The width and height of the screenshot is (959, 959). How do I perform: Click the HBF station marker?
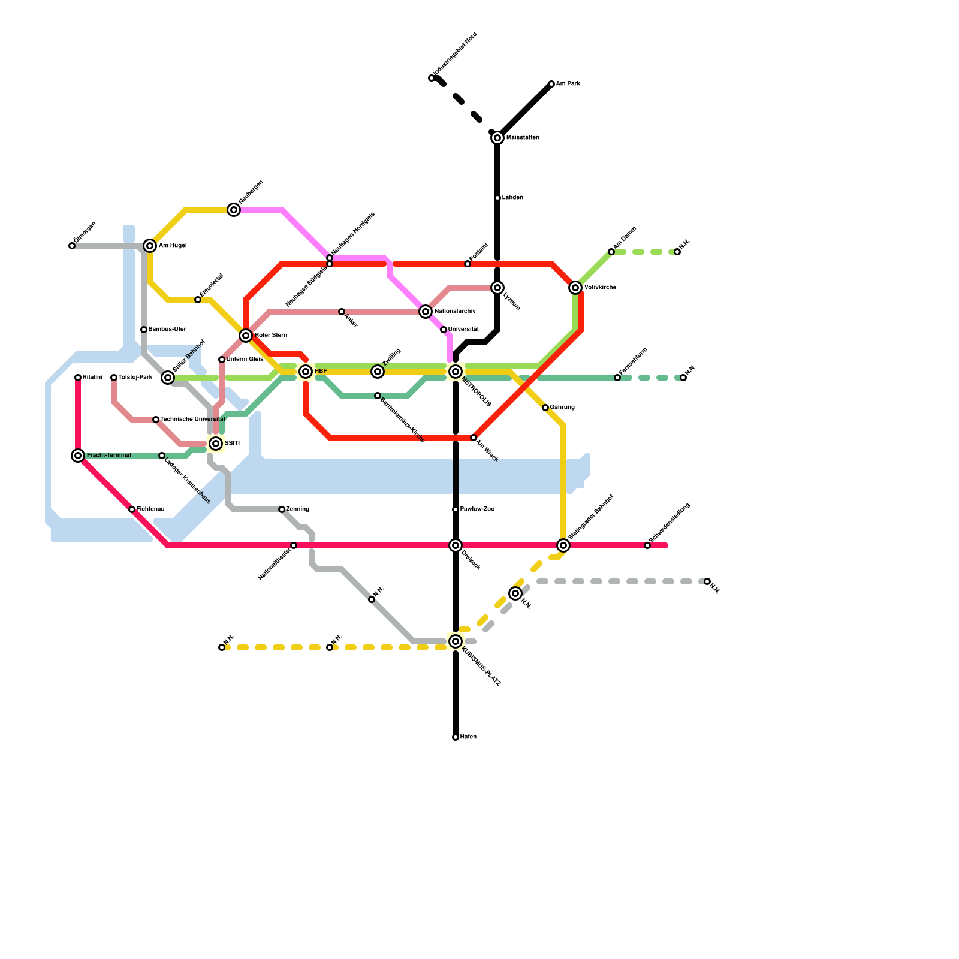click(306, 372)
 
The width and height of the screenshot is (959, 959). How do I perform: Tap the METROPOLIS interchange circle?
click(456, 372)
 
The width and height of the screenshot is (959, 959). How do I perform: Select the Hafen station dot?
click(456, 737)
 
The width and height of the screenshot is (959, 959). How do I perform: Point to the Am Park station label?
click(568, 84)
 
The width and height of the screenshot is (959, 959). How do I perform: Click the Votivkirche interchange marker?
click(575, 288)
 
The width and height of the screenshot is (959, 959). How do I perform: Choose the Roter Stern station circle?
click(246, 336)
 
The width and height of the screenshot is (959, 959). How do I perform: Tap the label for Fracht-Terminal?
click(108, 456)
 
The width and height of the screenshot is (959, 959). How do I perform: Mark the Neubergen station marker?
click(234, 210)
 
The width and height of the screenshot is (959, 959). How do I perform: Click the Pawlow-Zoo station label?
click(477, 509)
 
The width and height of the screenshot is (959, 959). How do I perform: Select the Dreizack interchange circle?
click(456, 545)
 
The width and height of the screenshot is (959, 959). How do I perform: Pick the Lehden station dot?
click(497, 198)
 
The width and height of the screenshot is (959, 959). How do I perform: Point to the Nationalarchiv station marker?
click(426, 312)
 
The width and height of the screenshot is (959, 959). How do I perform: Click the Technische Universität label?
click(192, 420)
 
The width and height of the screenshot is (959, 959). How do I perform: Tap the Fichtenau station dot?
click(132, 509)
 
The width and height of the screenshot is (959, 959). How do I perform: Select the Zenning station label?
click(297, 509)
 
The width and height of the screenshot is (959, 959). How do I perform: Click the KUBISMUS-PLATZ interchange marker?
click(456, 641)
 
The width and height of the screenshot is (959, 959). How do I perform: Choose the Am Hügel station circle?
click(150, 246)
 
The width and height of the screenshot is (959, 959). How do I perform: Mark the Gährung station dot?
click(545, 408)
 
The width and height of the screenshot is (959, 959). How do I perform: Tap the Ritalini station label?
click(92, 378)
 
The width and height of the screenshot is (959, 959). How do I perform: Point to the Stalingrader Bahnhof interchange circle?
click(563, 545)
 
